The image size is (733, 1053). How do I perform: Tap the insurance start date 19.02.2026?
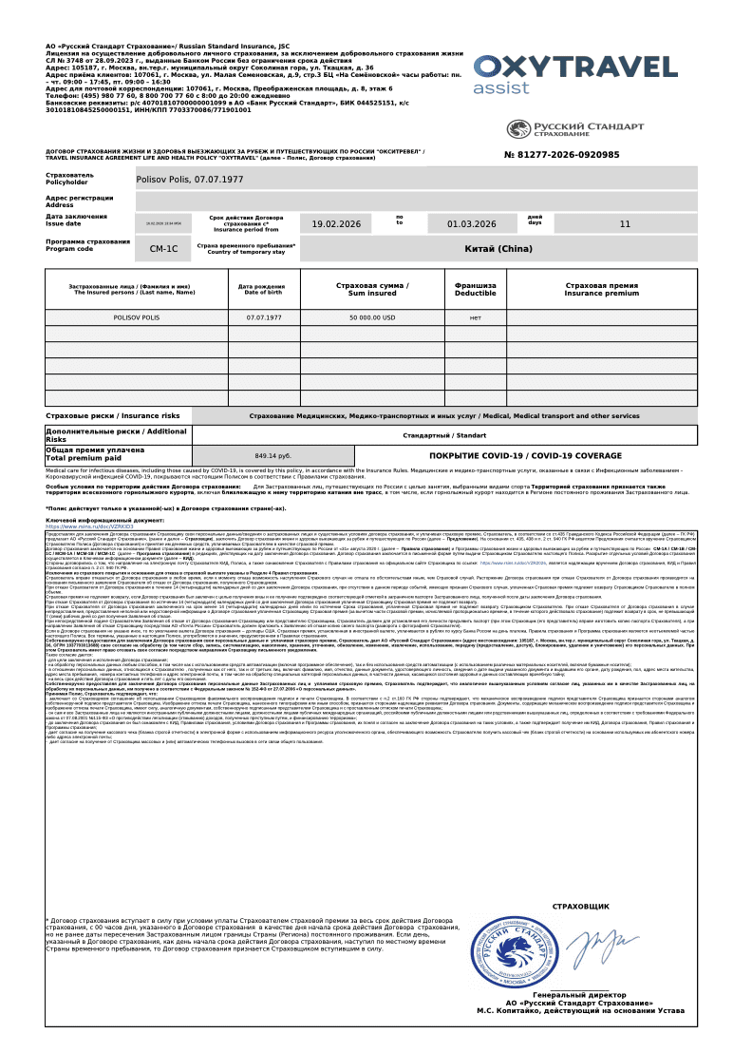point(336,224)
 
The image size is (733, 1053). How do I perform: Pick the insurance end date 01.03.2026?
point(472,224)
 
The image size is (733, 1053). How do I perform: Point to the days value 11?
point(624,224)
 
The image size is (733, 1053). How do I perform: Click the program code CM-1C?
point(163,249)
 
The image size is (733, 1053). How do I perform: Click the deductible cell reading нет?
point(475,317)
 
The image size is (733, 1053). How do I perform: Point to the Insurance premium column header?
point(601,289)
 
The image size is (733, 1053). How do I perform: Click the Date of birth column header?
point(261,289)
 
